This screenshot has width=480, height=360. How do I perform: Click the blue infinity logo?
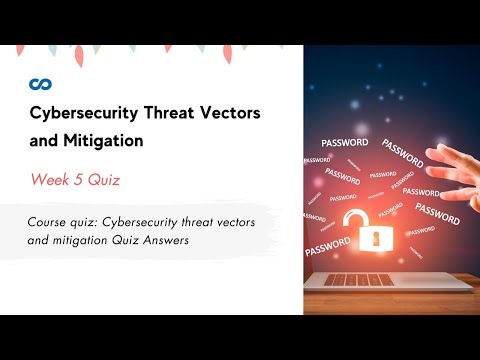pyautogui.click(x=40, y=83)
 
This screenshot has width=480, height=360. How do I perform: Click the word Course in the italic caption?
pyautogui.click(x=50, y=222)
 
